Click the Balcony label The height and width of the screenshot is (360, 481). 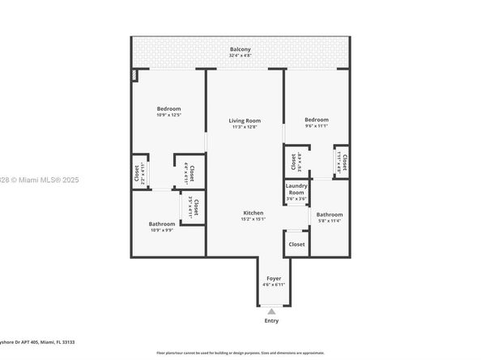pos(240,49)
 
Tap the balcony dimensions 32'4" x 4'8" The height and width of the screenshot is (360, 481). pos(240,57)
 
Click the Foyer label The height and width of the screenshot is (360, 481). pos(273,278)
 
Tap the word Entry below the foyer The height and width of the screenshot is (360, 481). pos(271,320)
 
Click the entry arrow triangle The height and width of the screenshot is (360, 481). pos(271,310)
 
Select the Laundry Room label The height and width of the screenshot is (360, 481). pos(296,192)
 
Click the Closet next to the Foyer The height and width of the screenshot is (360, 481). pos(296,244)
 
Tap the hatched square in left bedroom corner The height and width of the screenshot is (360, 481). pos(135,75)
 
